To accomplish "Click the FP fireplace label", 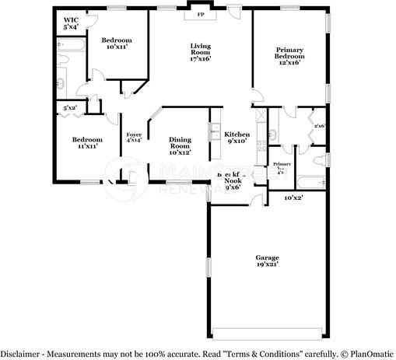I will pyautogui.click(x=200, y=15).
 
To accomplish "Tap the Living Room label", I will pyautogui.click(x=201, y=52).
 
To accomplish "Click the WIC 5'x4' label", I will pyautogui.click(x=71, y=24).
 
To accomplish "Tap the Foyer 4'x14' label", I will pyautogui.click(x=134, y=138).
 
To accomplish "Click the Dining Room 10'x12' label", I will pyautogui.click(x=180, y=146).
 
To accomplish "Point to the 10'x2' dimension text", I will pyautogui.click(x=293, y=199).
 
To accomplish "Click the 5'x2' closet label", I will pyautogui.click(x=69, y=108).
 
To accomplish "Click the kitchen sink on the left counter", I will pyautogui.click(x=212, y=132).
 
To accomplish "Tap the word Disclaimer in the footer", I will pyautogui.click(x=21, y=353).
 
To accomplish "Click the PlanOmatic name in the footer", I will pyautogui.click(x=370, y=353).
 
